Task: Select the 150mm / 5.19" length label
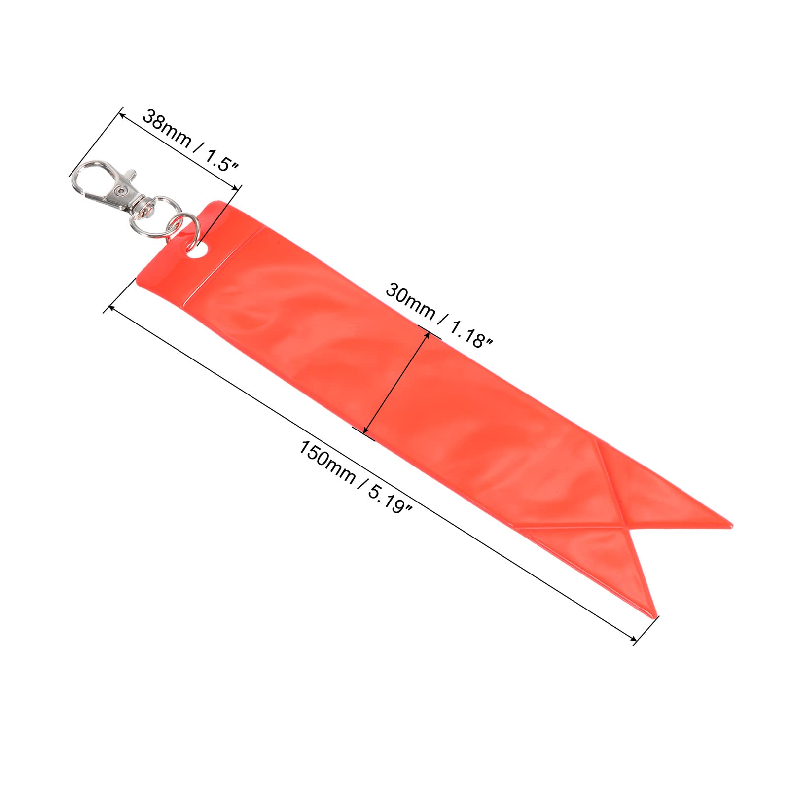(356, 476)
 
